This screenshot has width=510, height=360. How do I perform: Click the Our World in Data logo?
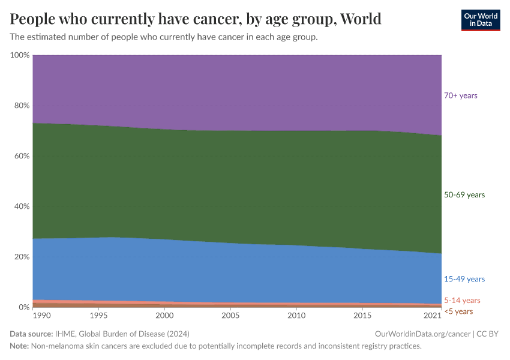pos(480,20)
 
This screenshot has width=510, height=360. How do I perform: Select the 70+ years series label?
pos(460,95)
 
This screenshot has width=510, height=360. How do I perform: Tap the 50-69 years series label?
pos(464,194)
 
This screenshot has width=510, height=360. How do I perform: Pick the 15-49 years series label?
pos(464,279)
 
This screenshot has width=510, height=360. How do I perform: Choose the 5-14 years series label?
pos(462,301)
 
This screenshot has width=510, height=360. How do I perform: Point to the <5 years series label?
pos(458,311)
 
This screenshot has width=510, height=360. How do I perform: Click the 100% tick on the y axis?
pos(20,55)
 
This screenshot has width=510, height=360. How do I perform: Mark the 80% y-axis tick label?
pos(22,106)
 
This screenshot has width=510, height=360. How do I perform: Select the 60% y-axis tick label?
pos(22,156)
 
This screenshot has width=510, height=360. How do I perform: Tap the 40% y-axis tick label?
pos(22,206)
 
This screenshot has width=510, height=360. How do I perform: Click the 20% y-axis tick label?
pos(22,257)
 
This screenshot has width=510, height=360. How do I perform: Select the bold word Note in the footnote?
pos(20,346)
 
